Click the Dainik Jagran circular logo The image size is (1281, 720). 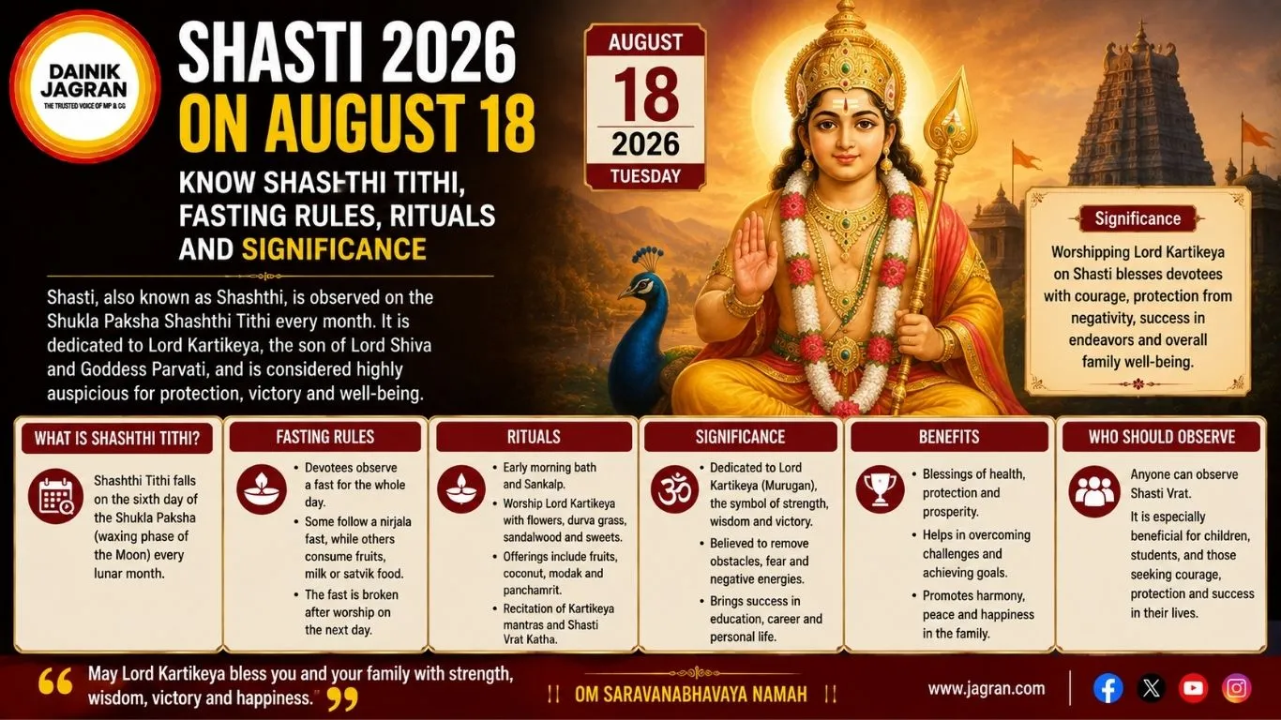(84, 86)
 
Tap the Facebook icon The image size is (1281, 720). (1108, 688)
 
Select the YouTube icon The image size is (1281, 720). (1193, 688)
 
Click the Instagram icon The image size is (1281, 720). (1236, 688)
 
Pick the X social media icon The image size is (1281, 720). (1151, 688)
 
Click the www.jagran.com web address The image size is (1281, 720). (986, 689)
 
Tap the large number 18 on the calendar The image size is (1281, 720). (646, 94)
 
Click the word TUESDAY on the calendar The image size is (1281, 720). (645, 176)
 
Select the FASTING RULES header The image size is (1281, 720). (324, 438)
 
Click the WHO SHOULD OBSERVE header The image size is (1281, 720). (1162, 438)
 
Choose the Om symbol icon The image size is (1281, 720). (674, 489)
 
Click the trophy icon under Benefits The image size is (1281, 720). (880, 489)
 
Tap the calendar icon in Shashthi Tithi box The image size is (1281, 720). (55, 496)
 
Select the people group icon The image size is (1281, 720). (1094, 492)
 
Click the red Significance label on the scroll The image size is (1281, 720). (1138, 218)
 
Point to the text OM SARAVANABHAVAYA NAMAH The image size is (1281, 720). (691, 695)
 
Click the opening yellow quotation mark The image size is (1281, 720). (55, 682)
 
